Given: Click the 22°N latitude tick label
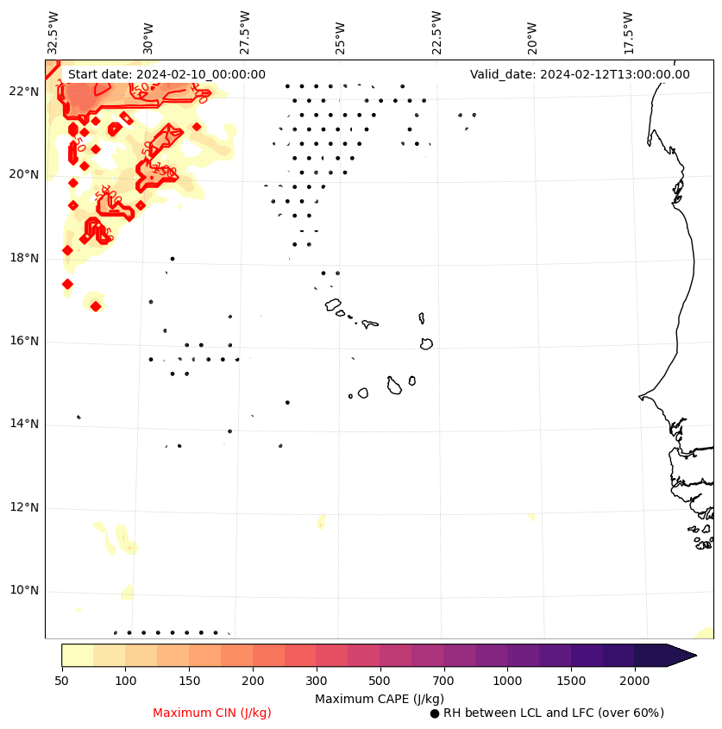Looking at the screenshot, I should (23, 91).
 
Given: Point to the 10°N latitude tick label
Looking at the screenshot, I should (23, 590).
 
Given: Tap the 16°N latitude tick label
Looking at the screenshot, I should (23, 341).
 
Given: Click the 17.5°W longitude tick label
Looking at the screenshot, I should (628, 32).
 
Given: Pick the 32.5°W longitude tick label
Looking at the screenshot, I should (53, 32).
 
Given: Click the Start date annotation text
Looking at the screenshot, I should (166, 74).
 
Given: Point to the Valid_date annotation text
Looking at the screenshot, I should (580, 74).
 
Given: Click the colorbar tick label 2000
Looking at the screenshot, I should (634, 682).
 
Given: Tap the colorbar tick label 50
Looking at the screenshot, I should (61, 682).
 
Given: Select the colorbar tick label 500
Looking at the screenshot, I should (380, 682).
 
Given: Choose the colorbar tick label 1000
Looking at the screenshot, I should (507, 682).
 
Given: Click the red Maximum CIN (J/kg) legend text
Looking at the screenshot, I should (212, 713).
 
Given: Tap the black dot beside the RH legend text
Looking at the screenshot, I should (435, 713).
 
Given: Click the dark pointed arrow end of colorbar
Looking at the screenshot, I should (681, 655).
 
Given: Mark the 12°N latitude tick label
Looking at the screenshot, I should (23, 507).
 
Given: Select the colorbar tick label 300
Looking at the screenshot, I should (316, 682).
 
